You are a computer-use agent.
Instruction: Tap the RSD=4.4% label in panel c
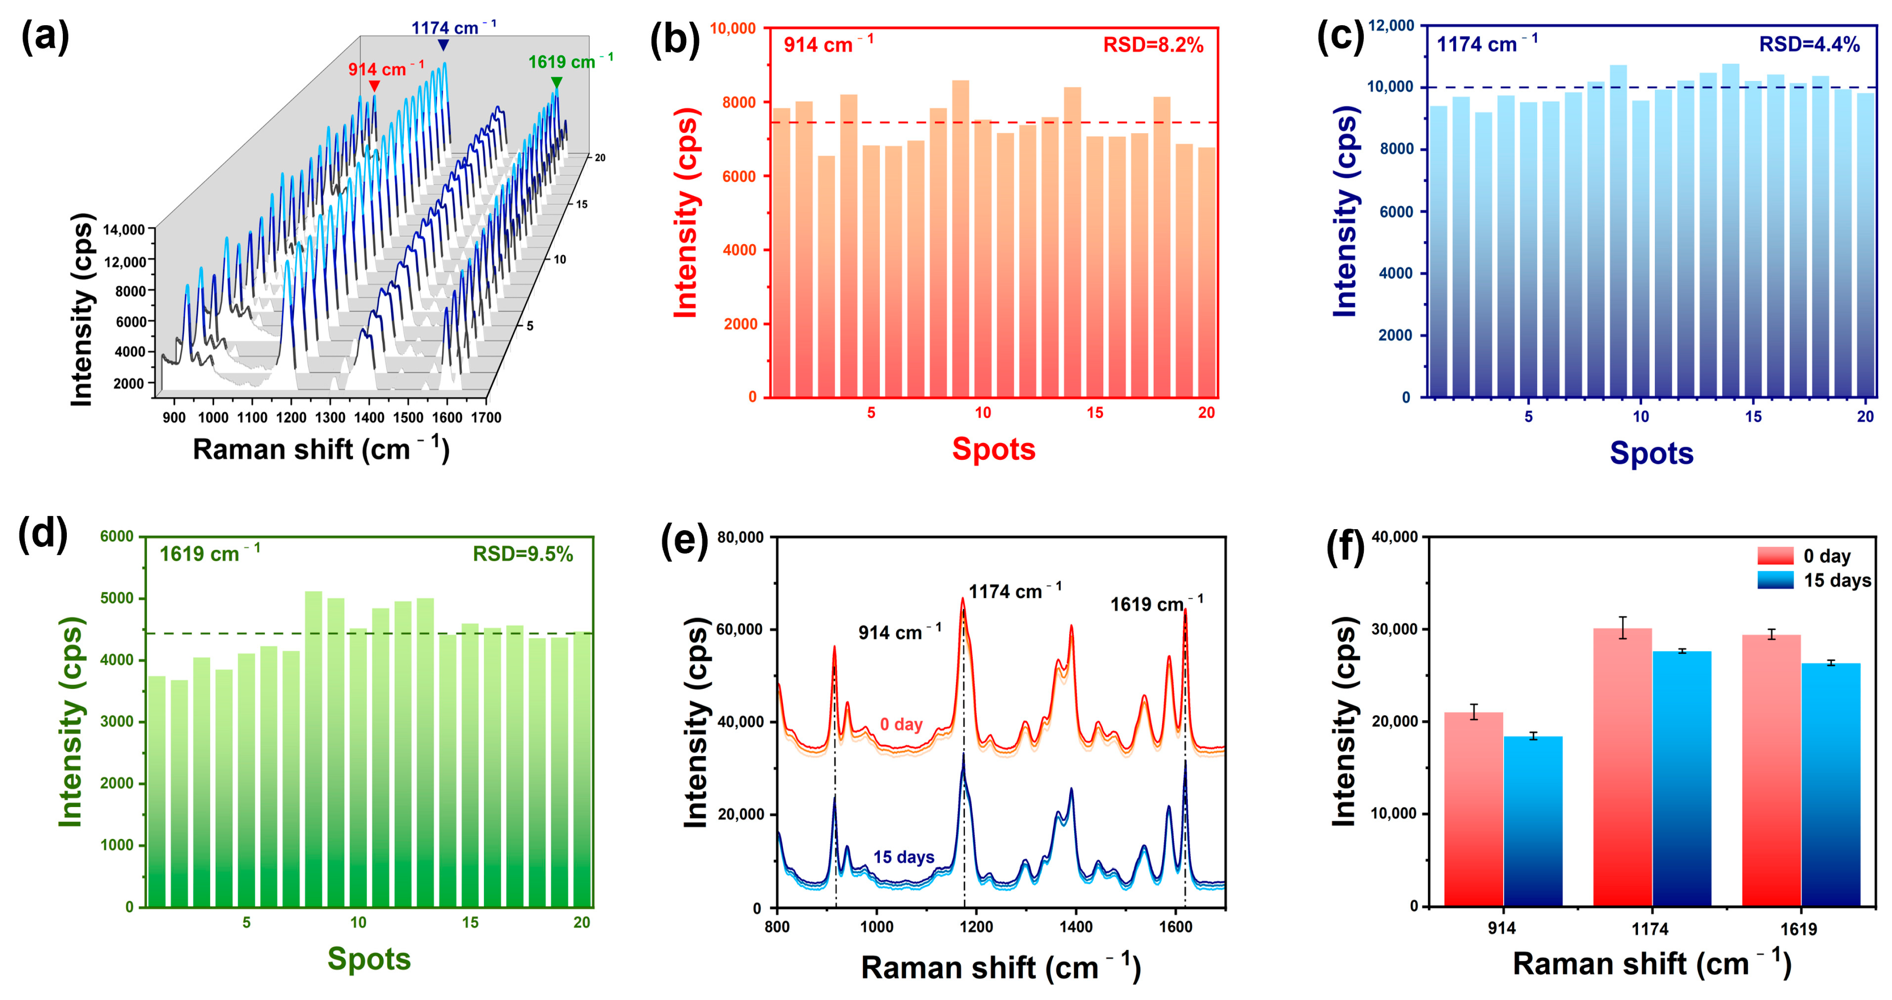(1808, 45)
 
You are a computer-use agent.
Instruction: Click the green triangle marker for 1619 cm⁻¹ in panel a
(557, 82)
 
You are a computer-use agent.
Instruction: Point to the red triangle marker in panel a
(375, 87)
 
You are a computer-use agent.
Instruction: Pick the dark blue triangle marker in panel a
(443, 46)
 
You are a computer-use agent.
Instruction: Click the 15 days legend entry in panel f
(1814, 581)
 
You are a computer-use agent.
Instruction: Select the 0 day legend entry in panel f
(1814, 556)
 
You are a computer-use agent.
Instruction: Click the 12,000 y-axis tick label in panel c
(1390, 26)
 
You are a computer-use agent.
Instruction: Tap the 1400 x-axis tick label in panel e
(1075, 927)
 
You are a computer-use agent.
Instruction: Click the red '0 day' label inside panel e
(901, 724)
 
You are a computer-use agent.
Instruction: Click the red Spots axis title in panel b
(993, 449)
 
